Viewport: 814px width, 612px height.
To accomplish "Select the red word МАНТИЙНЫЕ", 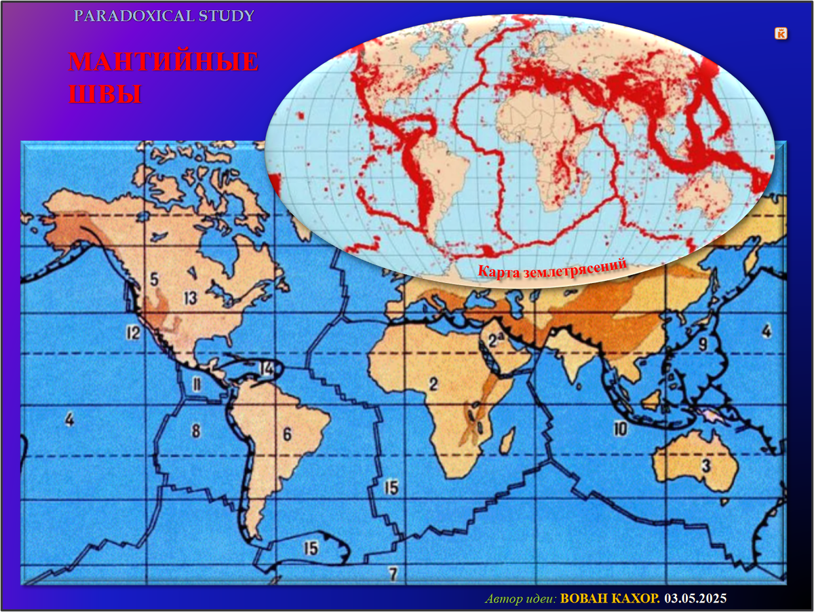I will pyautogui.click(x=163, y=62).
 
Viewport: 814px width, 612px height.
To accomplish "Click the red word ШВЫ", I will pyautogui.click(x=104, y=94).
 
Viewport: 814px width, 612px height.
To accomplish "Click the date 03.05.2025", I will pyautogui.click(x=695, y=598).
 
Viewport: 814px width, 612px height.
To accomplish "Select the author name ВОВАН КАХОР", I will pyautogui.click(x=610, y=598).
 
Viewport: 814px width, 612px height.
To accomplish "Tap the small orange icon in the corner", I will pyautogui.click(x=781, y=33).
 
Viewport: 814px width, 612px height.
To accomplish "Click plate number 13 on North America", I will pyautogui.click(x=190, y=297).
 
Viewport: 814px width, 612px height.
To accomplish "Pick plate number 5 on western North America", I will pyautogui.click(x=154, y=279).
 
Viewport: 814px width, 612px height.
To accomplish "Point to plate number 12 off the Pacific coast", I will pyautogui.click(x=132, y=332).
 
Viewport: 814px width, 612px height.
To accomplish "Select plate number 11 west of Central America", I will pyautogui.click(x=197, y=385).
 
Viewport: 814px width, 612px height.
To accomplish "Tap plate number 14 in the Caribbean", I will pyautogui.click(x=266, y=368).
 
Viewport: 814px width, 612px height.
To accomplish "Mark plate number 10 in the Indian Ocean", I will pyautogui.click(x=619, y=429).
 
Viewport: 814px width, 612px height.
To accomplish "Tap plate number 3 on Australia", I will pyautogui.click(x=705, y=466).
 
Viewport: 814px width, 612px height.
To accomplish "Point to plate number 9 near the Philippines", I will pyautogui.click(x=703, y=344).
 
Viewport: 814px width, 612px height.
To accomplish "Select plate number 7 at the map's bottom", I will pyautogui.click(x=392, y=574).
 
